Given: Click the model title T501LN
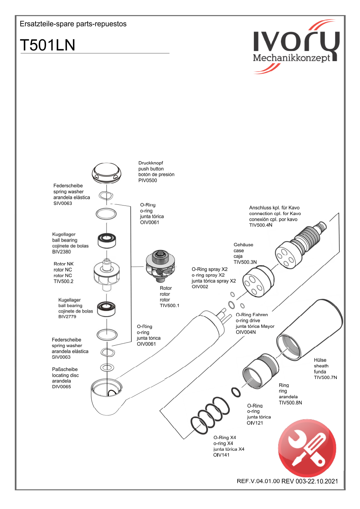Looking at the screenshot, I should (x=47, y=45).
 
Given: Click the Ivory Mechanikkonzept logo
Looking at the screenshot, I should (x=296, y=47).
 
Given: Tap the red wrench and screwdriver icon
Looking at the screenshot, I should (x=307, y=448).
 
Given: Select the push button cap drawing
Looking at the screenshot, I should (x=106, y=173).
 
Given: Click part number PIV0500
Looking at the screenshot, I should (x=148, y=181).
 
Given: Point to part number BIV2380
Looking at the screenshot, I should (x=62, y=252).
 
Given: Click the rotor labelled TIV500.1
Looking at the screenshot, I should (x=160, y=266).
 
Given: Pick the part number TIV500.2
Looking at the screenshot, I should (x=64, y=281).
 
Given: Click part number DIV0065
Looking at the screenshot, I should (x=62, y=387).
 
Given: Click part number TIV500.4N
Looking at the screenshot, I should (x=261, y=225).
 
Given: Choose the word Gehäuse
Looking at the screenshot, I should (x=243, y=245).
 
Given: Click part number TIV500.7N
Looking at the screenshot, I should (x=325, y=378).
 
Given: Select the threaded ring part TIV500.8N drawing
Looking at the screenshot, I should (x=261, y=371).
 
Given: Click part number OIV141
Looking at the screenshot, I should (x=221, y=455).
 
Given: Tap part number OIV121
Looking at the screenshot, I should (x=255, y=423).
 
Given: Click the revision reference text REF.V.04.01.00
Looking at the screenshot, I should (x=258, y=481).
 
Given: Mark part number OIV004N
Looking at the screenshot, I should (x=246, y=332).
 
